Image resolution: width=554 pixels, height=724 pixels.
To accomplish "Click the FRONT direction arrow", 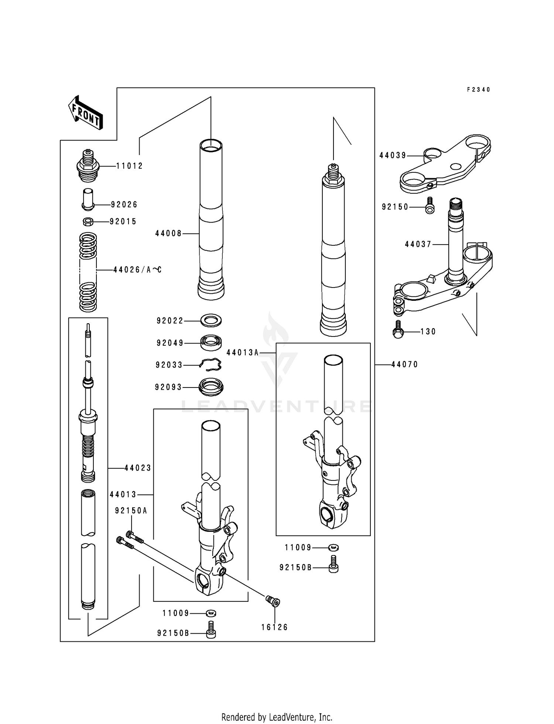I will tap(85, 112).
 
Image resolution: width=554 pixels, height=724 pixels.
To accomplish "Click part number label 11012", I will tap(129, 166).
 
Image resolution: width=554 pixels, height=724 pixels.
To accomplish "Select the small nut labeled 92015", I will tap(88, 222).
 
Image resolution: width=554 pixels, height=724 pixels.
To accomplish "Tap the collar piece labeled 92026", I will tap(88, 199).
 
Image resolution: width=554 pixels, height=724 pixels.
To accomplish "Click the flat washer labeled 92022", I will tap(211, 321).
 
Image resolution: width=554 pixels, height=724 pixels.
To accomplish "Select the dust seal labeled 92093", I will tap(211, 386).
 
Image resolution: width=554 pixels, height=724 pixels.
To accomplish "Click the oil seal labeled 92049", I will tap(211, 342).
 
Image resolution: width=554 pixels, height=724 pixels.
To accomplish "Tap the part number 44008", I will tap(168, 234).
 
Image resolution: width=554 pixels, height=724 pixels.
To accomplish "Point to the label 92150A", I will tap(131, 511).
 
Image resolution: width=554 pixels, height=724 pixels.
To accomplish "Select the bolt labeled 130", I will tap(397, 330).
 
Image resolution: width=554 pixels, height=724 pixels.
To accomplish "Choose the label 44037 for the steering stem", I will tap(418, 244).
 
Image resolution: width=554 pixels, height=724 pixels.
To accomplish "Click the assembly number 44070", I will tap(404, 365).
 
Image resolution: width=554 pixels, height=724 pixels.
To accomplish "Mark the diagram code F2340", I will tap(479, 90).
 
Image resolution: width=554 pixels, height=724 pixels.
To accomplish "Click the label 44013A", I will tap(242, 353).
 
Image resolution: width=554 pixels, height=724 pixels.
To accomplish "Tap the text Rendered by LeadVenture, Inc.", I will tap(277, 717).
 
